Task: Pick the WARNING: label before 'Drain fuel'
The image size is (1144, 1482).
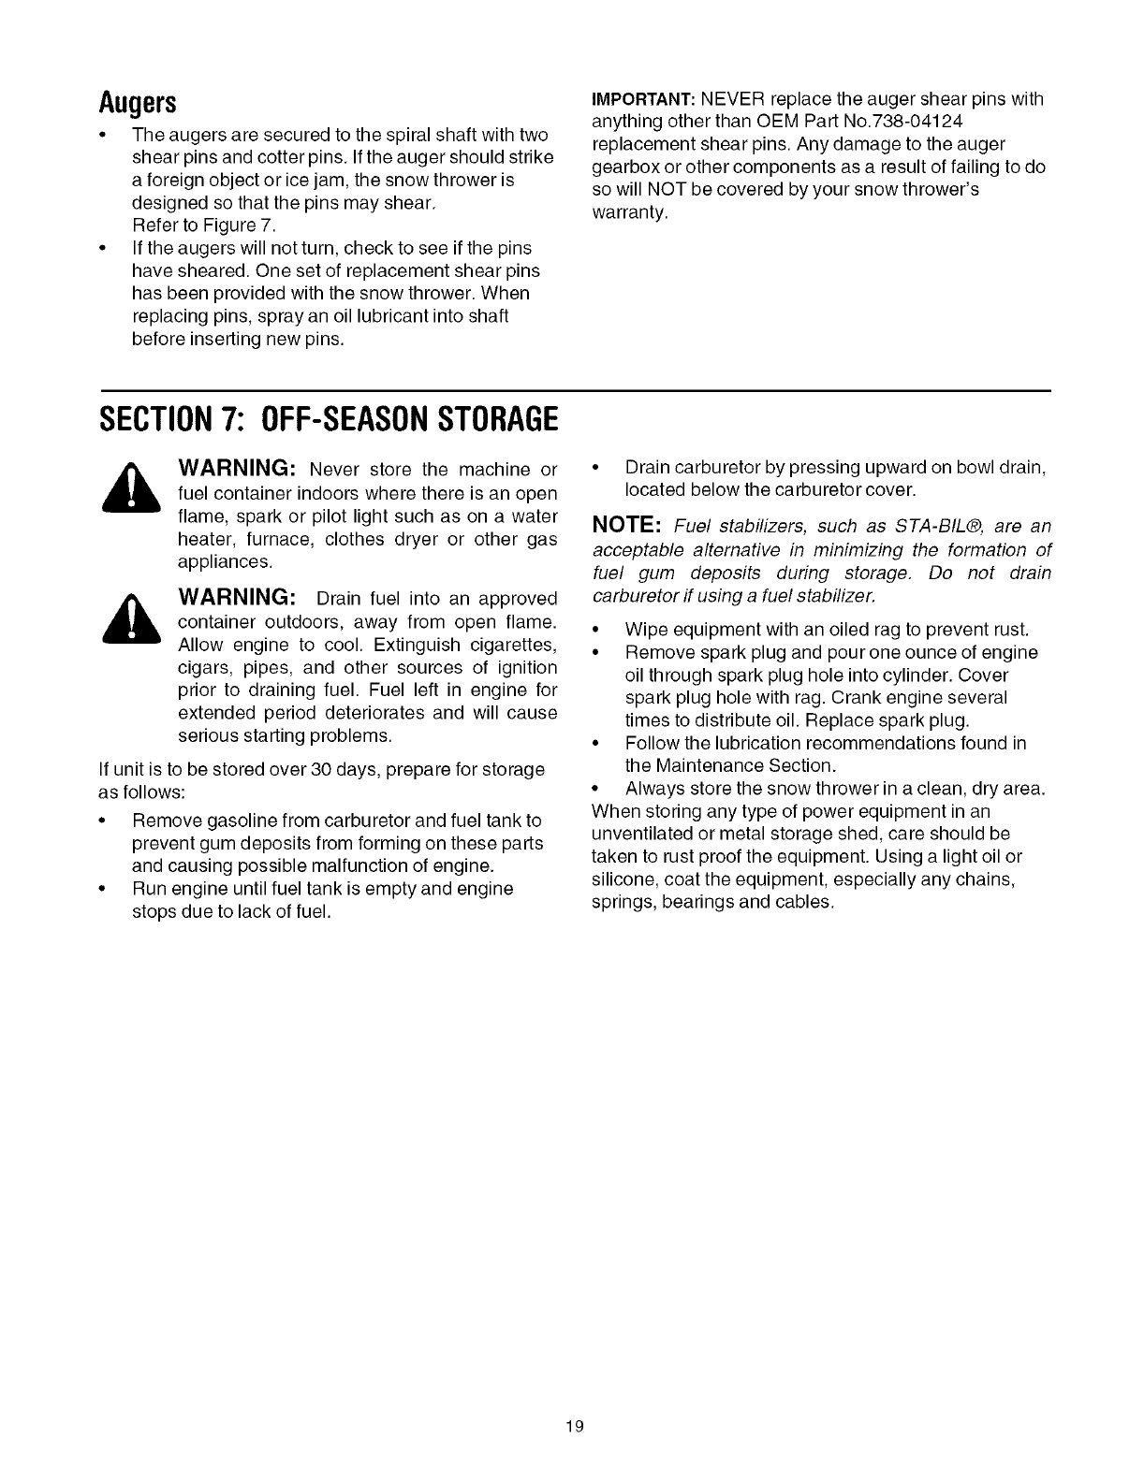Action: [x=238, y=598]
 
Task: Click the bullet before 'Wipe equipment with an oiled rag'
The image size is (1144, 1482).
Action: [x=596, y=629]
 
